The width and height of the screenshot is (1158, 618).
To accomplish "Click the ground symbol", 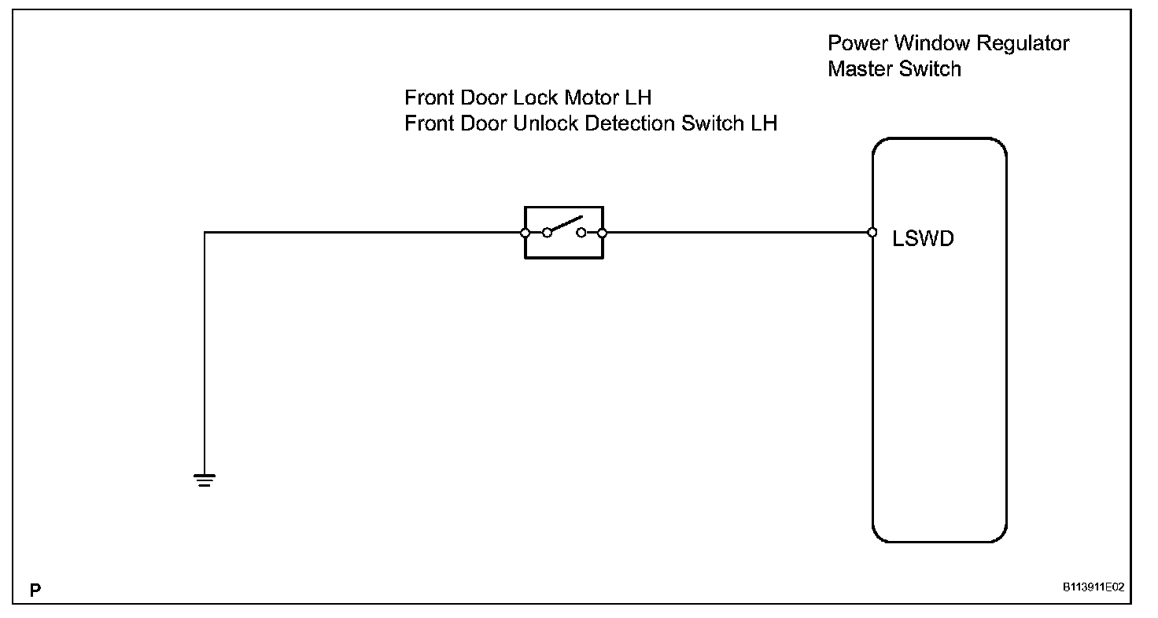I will tap(205, 480).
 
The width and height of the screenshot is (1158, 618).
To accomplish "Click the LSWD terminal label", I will tap(923, 239).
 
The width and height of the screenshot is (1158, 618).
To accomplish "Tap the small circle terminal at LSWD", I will tap(872, 233).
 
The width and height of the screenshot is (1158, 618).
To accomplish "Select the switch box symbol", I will tap(563, 233).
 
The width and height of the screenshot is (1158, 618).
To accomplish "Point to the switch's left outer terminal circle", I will tap(525, 233).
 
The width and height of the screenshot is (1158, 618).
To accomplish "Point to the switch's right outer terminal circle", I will tap(602, 233).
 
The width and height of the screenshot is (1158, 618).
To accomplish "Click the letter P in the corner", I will tap(35, 589).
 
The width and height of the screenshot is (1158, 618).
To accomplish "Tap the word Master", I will tap(860, 69).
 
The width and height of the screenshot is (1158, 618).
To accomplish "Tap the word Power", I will tap(855, 43).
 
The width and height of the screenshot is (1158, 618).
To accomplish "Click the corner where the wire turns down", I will tap(205, 233).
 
